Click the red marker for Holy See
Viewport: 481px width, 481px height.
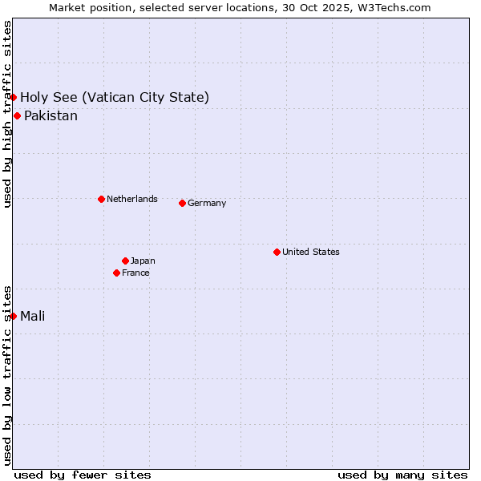point(14,98)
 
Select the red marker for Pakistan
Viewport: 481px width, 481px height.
point(17,116)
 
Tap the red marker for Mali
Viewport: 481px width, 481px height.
point(14,316)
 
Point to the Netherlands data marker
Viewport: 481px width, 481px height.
point(101,199)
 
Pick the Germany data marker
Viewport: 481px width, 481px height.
point(182,203)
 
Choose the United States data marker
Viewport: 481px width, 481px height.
point(277,252)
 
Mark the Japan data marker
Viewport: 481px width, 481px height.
point(125,261)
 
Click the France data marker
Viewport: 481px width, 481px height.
point(116,273)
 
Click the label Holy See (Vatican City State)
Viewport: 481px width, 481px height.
point(115,98)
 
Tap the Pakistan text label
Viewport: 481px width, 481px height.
point(51,116)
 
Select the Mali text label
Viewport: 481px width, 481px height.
point(32,316)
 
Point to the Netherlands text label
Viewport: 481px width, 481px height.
point(131,199)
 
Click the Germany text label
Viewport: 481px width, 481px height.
point(207,203)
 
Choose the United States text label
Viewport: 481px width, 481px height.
point(310,252)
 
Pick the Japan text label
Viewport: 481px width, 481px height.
point(143,261)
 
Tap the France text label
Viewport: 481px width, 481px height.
point(135,273)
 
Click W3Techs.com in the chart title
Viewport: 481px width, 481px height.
point(394,7)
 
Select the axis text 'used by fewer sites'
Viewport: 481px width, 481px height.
point(83,475)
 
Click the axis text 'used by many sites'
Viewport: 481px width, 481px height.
point(402,475)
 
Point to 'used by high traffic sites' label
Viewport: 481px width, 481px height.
point(7,114)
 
